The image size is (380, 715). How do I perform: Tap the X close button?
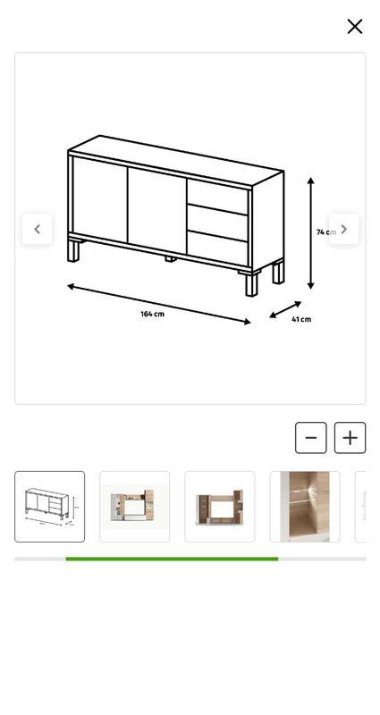[x=354, y=27]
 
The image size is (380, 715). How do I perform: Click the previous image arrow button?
[x=37, y=229]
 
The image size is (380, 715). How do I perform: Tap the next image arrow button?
[x=344, y=229]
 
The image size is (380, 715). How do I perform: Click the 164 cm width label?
[x=152, y=314]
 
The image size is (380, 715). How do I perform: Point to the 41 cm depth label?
[x=301, y=319]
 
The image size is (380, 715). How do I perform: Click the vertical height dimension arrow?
[x=310, y=233]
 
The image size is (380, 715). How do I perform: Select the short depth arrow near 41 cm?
[x=285, y=309]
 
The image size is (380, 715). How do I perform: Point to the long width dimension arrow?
[x=159, y=304]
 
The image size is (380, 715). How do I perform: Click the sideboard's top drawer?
[x=217, y=197]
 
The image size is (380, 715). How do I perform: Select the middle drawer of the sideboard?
[x=217, y=223]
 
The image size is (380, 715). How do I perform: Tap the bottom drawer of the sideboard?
[x=217, y=248]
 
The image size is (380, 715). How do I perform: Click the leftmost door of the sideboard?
[x=100, y=199]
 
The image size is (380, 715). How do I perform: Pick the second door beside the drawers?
[x=157, y=211]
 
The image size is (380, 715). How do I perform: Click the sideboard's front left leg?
[x=73, y=251]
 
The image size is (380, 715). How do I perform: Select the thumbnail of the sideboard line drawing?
[x=50, y=507]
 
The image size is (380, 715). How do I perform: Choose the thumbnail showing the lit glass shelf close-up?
[x=305, y=507]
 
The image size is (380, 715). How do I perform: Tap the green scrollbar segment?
[x=172, y=559]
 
